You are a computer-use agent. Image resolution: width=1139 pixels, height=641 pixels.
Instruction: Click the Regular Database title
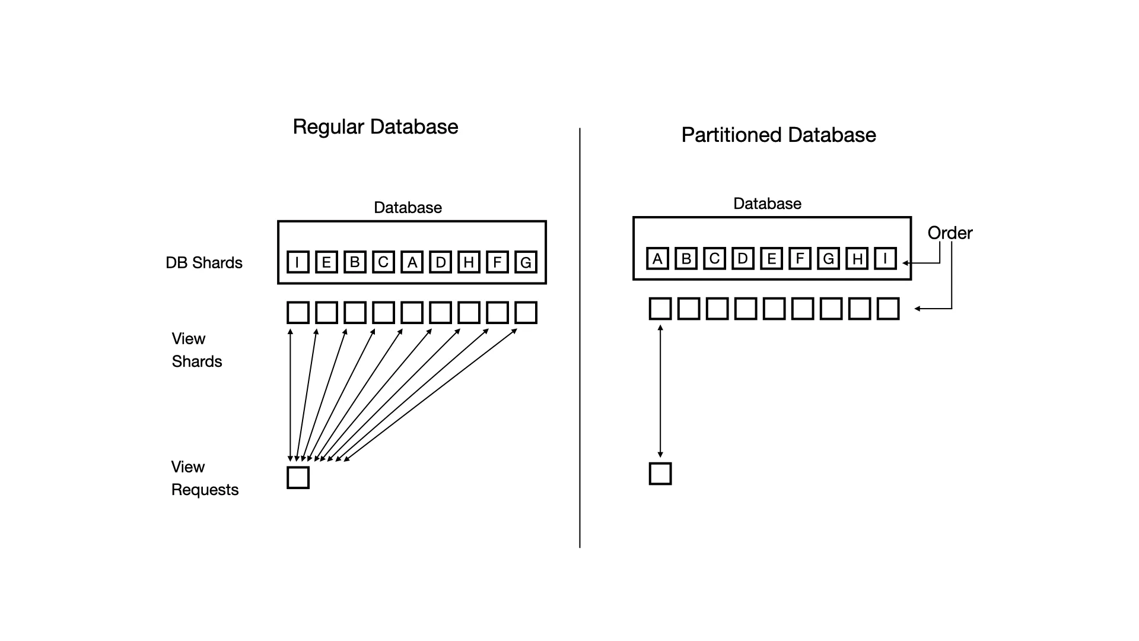375,127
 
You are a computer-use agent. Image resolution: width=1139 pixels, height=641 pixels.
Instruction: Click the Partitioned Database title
778,135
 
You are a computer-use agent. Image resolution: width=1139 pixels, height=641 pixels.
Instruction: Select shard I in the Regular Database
298,262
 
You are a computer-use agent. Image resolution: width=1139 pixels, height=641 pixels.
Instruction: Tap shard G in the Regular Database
526,262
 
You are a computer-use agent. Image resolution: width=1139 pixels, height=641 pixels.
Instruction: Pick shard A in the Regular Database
412,262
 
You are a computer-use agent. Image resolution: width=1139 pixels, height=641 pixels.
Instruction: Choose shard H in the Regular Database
469,262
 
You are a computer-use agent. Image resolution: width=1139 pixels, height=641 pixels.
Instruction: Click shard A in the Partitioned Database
657,258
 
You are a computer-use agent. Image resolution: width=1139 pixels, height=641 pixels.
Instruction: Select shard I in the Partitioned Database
885,258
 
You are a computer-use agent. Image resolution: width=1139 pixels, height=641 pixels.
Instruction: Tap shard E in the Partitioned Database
771,258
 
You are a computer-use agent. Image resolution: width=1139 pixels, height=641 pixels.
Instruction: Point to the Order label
950,233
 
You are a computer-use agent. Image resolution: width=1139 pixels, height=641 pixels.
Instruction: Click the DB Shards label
204,263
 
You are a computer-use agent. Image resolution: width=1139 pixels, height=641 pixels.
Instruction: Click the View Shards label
196,350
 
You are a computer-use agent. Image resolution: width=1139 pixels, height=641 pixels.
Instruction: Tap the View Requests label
205,478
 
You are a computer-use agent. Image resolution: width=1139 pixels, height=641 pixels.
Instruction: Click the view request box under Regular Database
298,478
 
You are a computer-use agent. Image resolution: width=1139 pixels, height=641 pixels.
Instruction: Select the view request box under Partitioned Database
660,474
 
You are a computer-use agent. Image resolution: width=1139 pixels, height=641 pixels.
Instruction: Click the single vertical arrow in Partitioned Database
660,392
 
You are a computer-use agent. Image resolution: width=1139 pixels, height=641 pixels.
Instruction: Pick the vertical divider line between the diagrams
580,338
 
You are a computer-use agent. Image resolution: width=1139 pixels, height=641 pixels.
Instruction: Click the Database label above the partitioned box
767,204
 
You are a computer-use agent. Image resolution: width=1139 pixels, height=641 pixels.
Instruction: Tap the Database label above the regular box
408,208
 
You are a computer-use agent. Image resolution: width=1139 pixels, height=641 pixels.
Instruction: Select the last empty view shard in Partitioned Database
888,309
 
